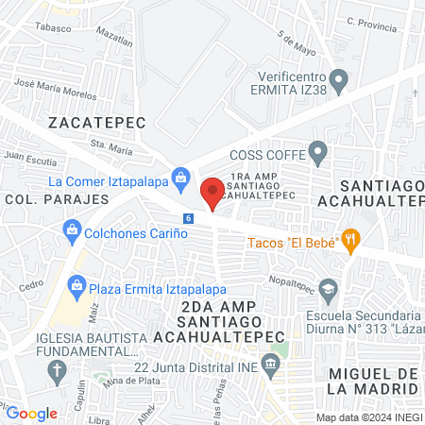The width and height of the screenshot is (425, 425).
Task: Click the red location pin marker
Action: (x=213, y=192)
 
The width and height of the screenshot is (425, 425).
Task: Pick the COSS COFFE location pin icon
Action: (x=318, y=150)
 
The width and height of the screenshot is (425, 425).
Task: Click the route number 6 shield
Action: (x=189, y=218)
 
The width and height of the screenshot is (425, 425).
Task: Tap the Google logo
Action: (x=32, y=413)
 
